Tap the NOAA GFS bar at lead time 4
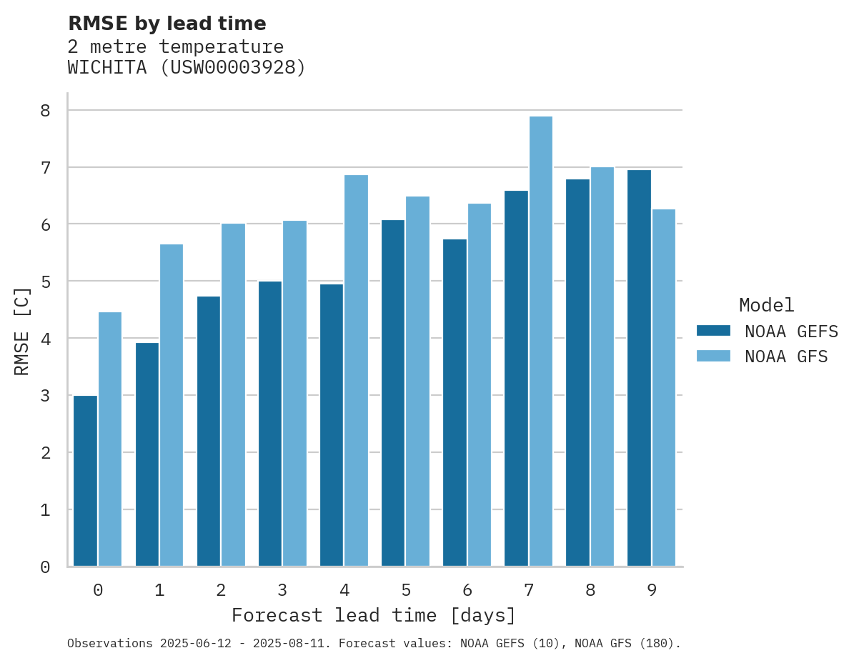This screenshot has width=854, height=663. [356, 371]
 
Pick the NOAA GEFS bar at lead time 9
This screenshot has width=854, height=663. [639, 368]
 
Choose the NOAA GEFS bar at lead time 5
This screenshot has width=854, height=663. [393, 393]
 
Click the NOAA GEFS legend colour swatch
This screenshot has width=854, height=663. [713, 330]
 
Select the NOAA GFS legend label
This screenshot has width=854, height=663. [786, 357]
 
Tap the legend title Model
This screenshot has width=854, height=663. [766, 305]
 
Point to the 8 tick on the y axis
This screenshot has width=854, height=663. [45, 110]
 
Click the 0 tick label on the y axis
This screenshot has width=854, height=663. [45, 567]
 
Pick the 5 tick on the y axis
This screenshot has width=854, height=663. [45, 281]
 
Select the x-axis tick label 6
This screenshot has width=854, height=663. [467, 590]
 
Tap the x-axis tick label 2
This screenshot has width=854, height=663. [221, 590]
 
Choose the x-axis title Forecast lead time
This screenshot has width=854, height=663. [373, 615]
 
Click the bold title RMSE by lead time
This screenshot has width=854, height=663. [167, 24]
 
